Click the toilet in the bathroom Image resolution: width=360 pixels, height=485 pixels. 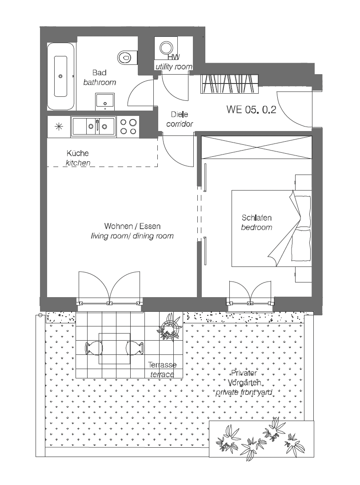127,57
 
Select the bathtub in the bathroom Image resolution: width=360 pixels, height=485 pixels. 61,76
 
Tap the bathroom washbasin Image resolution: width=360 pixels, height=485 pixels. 105,101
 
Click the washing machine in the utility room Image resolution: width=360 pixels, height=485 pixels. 166,48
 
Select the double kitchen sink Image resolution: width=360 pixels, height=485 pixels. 93,126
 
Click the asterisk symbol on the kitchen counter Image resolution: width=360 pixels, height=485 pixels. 59,126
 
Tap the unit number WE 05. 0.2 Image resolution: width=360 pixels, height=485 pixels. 251,110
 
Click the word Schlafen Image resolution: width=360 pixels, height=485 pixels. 256,218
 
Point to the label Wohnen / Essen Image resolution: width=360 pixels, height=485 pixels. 132,226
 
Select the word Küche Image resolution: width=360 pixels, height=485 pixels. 78,153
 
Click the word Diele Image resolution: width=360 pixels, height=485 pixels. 179,115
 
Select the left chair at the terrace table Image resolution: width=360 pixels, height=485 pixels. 92,348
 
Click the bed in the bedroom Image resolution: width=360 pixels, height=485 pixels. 271,228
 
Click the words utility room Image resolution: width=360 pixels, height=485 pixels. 173,67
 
